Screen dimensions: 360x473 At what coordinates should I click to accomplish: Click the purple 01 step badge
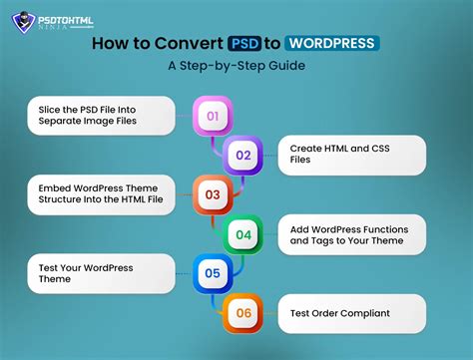(x=213, y=117)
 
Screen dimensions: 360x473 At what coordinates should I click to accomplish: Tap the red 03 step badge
(x=213, y=194)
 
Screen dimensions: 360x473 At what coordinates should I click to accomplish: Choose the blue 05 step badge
(x=213, y=272)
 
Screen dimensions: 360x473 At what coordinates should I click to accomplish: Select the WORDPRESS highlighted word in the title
(x=331, y=43)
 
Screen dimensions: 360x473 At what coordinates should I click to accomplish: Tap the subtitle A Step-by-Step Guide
(x=236, y=67)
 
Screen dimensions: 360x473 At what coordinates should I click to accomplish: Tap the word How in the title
(x=110, y=43)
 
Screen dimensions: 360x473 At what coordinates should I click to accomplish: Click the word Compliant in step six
(x=363, y=313)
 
